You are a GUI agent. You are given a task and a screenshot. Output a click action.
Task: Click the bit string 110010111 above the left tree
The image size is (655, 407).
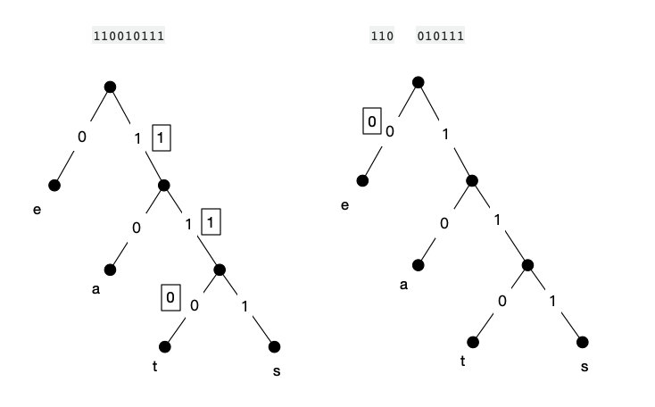[x=128, y=37]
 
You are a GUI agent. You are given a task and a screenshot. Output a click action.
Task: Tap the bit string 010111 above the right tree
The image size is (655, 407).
[x=439, y=37]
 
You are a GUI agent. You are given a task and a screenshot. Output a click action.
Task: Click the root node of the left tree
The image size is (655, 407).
[x=111, y=87]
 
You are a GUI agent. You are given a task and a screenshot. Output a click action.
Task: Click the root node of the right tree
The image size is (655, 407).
[x=418, y=82]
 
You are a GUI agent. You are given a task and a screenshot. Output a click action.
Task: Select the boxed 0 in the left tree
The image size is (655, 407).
[x=170, y=297]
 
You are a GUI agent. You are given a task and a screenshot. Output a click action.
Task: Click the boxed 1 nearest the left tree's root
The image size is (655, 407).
[x=161, y=138]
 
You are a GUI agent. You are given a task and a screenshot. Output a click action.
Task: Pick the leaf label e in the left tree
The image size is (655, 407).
[x=37, y=211]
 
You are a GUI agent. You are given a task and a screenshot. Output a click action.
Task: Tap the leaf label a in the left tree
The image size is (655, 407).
[x=95, y=289]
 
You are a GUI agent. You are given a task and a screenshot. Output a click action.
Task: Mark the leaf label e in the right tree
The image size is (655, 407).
[x=344, y=206]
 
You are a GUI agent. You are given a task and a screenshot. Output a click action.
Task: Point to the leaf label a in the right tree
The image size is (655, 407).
[x=403, y=286]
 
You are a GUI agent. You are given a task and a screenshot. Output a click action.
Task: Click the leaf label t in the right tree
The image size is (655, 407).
[x=462, y=361]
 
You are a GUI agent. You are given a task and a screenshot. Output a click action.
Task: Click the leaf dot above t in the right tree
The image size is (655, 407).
[x=474, y=342]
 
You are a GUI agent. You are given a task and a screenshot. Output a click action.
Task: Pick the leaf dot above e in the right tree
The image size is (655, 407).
[x=362, y=181]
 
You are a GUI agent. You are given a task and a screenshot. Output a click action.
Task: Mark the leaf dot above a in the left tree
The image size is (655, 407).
[x=111, y=269]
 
